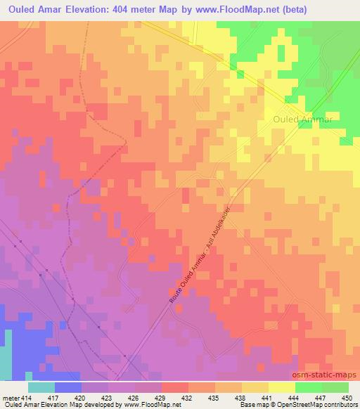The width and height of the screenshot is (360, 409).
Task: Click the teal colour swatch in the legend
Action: pyautogui.click(x=41, y=387)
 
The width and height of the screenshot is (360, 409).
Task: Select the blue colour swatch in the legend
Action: pyautogui.click(x=67, y=387)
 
